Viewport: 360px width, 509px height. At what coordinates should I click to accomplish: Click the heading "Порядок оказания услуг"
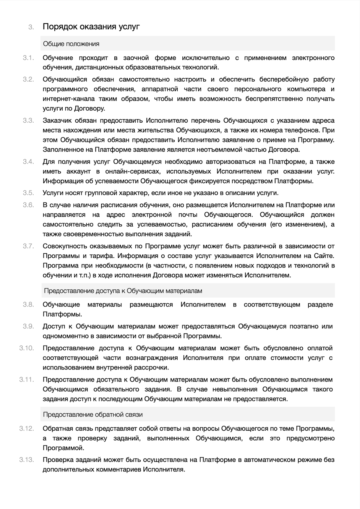(91, 27)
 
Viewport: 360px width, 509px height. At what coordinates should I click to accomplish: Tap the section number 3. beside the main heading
(31, 27)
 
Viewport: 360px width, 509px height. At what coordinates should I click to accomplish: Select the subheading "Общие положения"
(71, 44)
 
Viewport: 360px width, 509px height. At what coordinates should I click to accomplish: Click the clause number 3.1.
(28, 58)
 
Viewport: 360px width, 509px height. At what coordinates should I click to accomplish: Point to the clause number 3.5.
(28, 193)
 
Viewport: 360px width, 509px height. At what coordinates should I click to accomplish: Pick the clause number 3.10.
(27, 348)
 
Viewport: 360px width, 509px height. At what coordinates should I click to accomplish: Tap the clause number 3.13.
(27, 460)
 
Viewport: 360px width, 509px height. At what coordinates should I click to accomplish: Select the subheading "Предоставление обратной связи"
(93, 415)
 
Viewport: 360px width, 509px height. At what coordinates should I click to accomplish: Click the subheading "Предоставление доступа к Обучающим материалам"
(123, 291)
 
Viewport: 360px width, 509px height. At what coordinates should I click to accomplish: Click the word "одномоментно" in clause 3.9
(64, 336)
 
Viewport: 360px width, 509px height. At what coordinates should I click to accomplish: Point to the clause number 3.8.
(28, 304)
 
